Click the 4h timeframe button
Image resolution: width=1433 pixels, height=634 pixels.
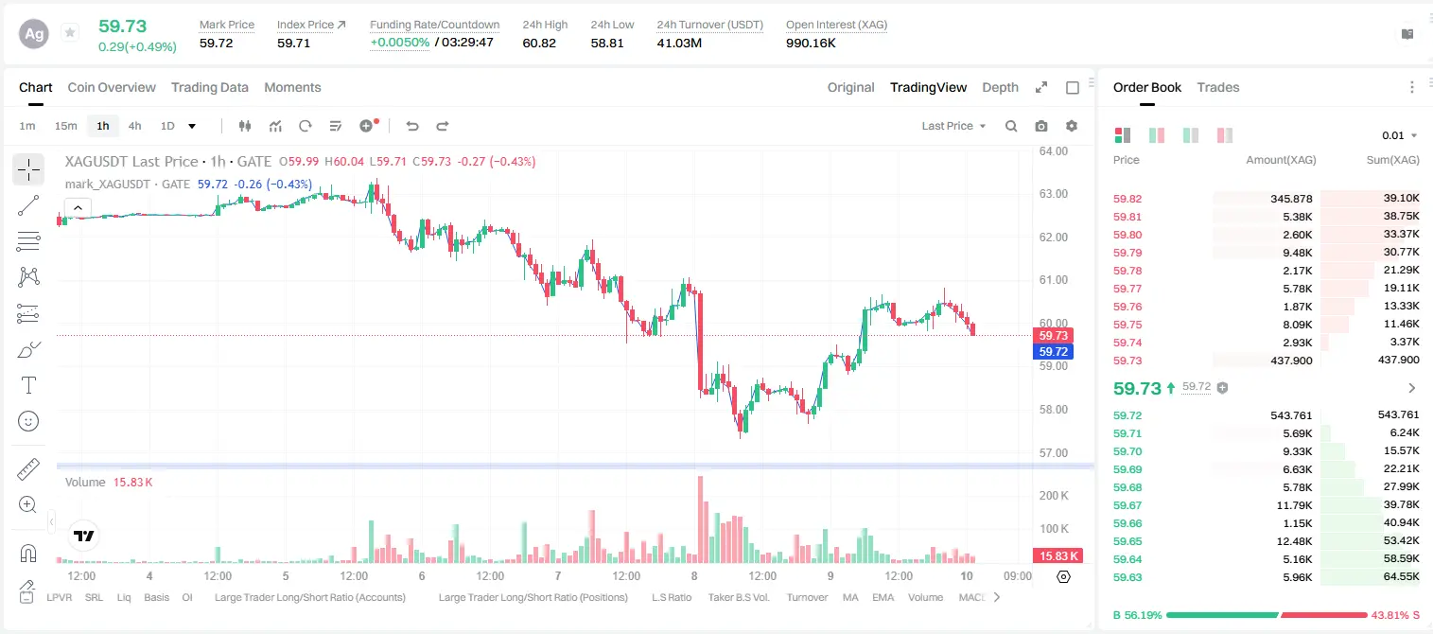point(134,126)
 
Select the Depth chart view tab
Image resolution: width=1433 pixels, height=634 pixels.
point(1000,87)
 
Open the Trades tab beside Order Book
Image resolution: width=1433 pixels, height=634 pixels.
point(1218,87)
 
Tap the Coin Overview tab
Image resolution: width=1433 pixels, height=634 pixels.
point(112,87)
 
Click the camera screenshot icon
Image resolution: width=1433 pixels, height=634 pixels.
point(1041,126)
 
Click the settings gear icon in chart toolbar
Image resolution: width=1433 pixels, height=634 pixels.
point(1072,126)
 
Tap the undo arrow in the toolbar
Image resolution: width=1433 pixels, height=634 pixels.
point(412,126)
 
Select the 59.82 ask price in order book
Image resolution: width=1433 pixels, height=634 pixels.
point(1127,199)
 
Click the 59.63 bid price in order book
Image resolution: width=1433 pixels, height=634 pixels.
point(1127,577)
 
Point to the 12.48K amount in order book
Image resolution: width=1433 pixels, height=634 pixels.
point(1294,541)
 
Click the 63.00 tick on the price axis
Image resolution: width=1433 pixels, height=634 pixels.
point(1054,194)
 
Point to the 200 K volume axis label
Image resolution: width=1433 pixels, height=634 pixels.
point(1054,496)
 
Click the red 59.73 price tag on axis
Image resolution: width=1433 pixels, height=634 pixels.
point(1053,335)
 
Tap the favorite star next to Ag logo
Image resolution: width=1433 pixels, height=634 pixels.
point(70,32)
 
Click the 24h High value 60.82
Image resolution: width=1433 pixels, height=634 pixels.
point(539,43)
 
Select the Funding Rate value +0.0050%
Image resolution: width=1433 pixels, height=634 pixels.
point(400,43)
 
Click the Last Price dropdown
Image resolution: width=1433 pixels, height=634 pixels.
point(953,126)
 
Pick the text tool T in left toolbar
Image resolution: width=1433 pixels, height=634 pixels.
point(28,386)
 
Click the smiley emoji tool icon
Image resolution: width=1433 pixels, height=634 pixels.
point(28,421)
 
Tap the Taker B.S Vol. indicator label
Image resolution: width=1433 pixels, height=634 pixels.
point(738,597)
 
